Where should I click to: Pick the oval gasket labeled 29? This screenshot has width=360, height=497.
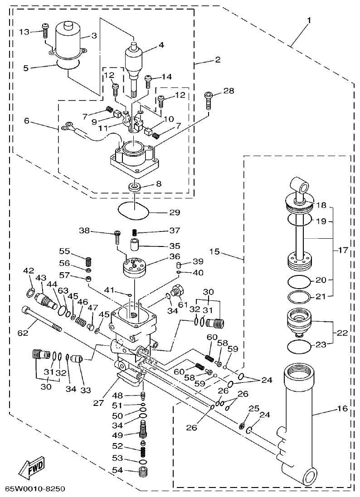pos(134,210)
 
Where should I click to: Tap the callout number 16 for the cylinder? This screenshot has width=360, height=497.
pos(342,409)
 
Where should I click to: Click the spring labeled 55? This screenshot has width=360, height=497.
pos(89,261)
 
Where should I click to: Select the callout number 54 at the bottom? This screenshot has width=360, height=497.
pos(117,470)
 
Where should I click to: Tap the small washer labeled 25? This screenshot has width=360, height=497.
pos(243,425)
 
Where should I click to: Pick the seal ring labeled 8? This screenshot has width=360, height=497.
pos(134,186)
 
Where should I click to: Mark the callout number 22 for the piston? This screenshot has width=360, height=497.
pos(342,333)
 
